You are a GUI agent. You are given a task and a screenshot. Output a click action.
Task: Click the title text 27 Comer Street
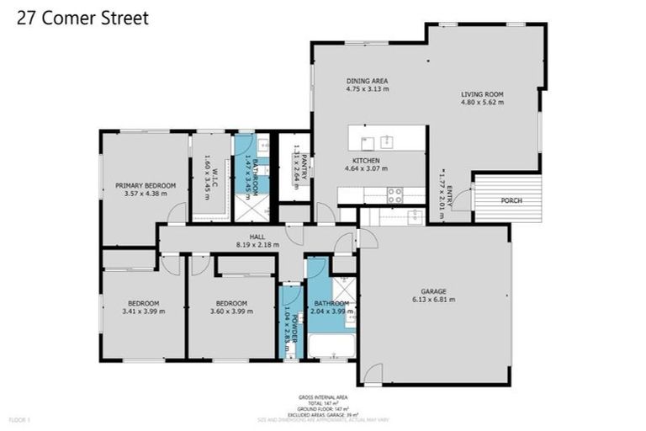pos(82,18)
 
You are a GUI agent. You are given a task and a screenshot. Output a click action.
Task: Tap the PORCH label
pos(511,201)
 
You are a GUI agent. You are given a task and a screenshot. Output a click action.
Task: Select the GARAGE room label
pos(433,290)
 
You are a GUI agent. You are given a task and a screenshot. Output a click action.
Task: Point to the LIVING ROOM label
pos(482,94)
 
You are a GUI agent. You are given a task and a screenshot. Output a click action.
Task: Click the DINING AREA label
pos(367,82)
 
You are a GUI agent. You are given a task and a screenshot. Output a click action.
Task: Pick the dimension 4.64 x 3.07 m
pos(366,168)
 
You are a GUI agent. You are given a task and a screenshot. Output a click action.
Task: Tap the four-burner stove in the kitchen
pos(394,195)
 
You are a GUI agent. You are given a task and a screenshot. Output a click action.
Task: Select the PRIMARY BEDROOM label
pos(146,185)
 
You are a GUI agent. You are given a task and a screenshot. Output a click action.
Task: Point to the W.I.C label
pos(215,174)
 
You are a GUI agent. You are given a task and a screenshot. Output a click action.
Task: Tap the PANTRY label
pos(303,165)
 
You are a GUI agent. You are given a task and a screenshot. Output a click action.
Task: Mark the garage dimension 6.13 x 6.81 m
pos(433,299)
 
